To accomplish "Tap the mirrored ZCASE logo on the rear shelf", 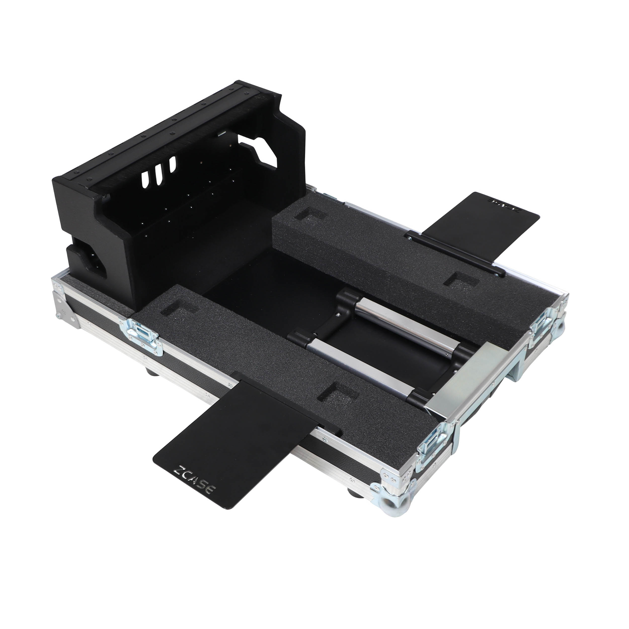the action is tap(504, 208).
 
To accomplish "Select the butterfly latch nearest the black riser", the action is tap(141, 338).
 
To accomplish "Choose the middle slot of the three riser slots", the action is tap(159, 173).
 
